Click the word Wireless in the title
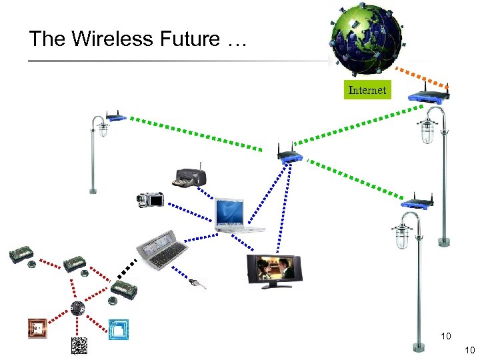(111, 39)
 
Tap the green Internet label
(367, 90)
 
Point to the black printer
(191, 177)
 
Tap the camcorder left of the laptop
(151, 198)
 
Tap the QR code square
(79, 345)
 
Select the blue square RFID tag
(119, 329)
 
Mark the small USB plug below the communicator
(197, 285)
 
